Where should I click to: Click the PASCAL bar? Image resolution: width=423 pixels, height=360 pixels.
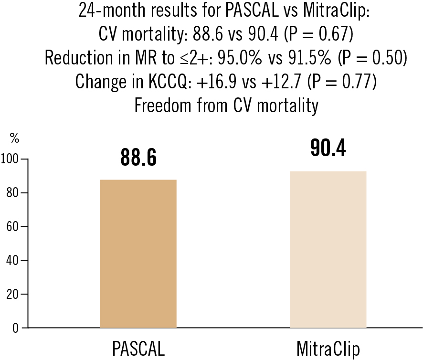click(138, 253)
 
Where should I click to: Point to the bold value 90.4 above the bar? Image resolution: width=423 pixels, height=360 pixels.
click(328, 148)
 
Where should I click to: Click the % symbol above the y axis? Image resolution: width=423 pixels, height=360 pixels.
click(14, 139)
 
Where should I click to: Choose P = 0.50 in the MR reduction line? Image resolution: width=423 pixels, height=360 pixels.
click(371, 58)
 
